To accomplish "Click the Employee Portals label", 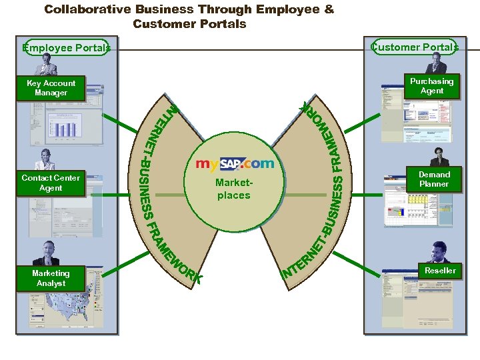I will pos(65,47).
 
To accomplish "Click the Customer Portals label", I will pos(415,47).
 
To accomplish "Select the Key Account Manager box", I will pos(51,88).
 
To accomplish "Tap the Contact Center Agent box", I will pos(51,183).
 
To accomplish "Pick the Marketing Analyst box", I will pos(51,278).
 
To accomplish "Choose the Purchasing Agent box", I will pos(432,86).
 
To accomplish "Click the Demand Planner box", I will pos(434,179).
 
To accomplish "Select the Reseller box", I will pos(440,270).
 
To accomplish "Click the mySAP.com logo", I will pos(234,163).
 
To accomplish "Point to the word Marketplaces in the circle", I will pos(233,189).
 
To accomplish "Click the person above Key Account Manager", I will pos(47,65).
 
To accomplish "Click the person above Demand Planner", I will pos(439,157).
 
